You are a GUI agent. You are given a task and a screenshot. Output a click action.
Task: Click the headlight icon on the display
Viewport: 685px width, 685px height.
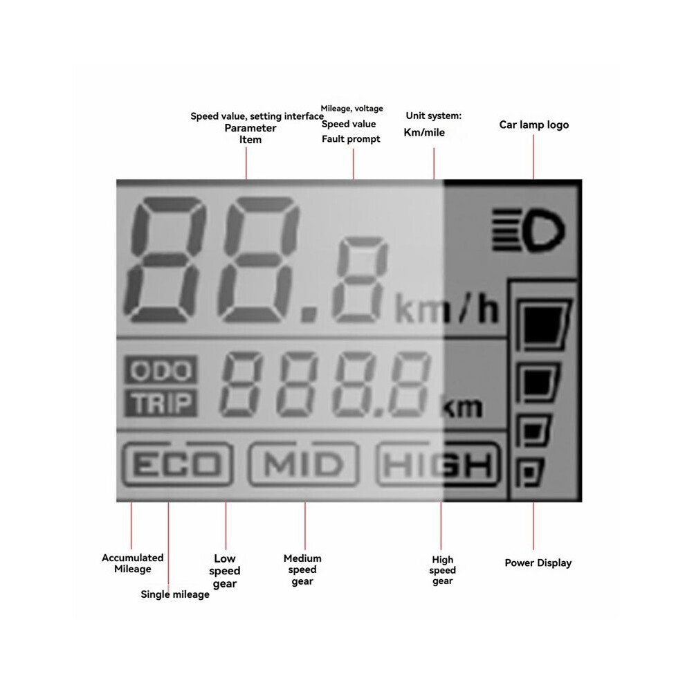(529, 230)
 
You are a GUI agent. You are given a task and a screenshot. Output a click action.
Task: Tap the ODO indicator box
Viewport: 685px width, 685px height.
(161, 370)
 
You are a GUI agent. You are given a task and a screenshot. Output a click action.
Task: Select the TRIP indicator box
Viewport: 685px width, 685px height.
(161, 402)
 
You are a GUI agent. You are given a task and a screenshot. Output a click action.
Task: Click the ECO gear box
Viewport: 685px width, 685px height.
(177, 464)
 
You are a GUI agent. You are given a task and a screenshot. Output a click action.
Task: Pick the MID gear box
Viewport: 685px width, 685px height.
(304, 464)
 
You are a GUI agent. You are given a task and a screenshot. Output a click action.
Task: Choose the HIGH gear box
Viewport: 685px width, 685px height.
(438, 464)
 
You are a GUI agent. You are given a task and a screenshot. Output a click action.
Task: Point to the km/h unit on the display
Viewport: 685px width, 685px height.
(446, 309)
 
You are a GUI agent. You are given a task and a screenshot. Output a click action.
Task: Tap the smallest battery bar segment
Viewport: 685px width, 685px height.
(529, 473)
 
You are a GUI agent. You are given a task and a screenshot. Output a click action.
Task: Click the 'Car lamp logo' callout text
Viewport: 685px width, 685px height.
(534, 125)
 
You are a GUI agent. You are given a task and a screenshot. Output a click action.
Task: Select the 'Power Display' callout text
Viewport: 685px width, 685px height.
(538, 563)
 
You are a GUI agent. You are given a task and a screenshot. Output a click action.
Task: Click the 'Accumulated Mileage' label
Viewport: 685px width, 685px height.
(133, 563)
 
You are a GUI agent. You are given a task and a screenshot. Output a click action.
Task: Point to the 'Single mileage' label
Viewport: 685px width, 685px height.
(175, 594)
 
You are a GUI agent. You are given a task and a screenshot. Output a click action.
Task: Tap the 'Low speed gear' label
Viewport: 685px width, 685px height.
(225, 571)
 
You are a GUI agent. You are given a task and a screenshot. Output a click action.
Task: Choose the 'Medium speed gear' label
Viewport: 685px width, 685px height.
(302, 569)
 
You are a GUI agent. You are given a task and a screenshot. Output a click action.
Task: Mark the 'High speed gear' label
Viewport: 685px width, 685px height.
(443, 570)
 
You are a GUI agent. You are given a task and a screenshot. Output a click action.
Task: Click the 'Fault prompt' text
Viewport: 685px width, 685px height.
(351, 139)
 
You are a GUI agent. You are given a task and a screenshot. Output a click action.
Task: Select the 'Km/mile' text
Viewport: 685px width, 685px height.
(424, 132)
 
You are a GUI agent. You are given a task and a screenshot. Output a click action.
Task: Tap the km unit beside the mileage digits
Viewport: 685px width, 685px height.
(462, 407)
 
